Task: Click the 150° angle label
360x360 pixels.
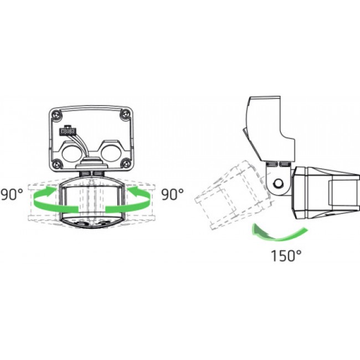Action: pyautogui.click(x=286, y=255)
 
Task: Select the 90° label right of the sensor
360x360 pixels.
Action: pyautogui.click(x=172, y=194)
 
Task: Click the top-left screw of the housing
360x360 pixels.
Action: pyautogui.click(x=56, y=114)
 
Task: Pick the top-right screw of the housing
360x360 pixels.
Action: pyautogui.click(x=126, y=114)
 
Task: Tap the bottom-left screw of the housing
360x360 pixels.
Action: pyautogui.click(x=56, y=164)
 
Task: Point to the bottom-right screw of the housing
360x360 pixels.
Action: pyautogui.click(x=126, y=163)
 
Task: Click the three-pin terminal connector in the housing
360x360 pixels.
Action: pyautogui.click(x=68, y=131)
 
